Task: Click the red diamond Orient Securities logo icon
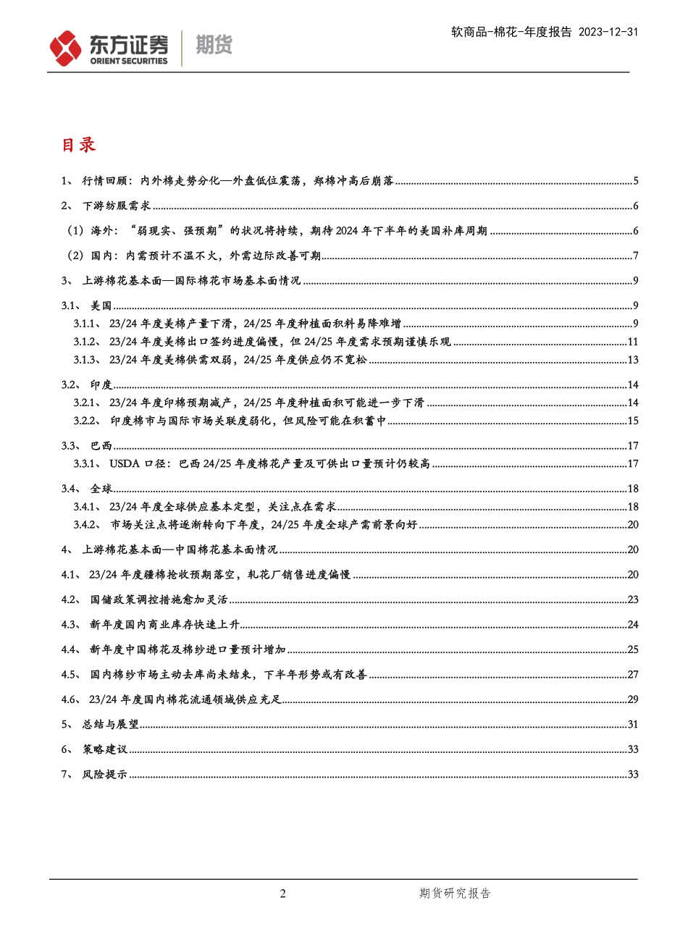coord(65,49)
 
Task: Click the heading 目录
coord(78,145)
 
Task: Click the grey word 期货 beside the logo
coord(214,46)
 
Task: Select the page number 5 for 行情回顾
coord(635,181)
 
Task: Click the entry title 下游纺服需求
coord(117,206)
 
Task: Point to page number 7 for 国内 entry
coord(635,256)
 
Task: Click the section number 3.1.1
coord(88,324)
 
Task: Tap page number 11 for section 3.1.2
coord(632,342)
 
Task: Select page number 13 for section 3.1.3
coord(632,360)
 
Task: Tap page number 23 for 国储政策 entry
coord(632,599)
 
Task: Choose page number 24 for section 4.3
coord(632,625)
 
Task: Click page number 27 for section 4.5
coord(632,675)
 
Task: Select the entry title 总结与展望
coord(110,725)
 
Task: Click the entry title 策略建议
coord(105,749)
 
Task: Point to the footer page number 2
coord(283,893)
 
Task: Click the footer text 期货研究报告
coord(455,893)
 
